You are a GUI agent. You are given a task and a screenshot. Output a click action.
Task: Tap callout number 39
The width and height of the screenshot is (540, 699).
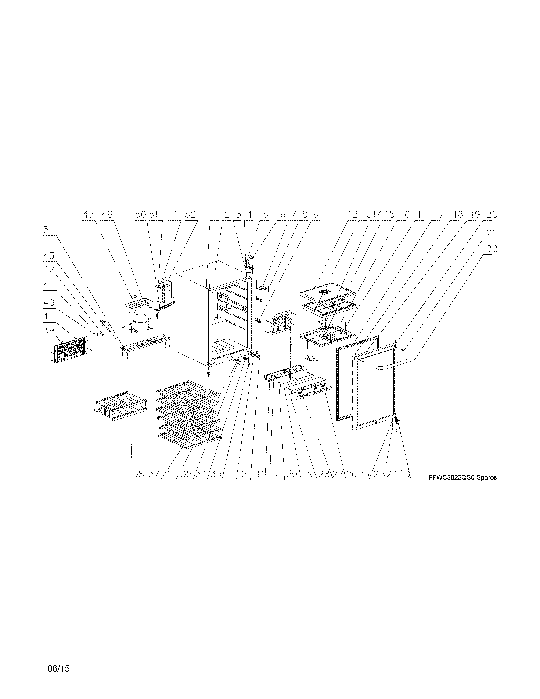(49, 330)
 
